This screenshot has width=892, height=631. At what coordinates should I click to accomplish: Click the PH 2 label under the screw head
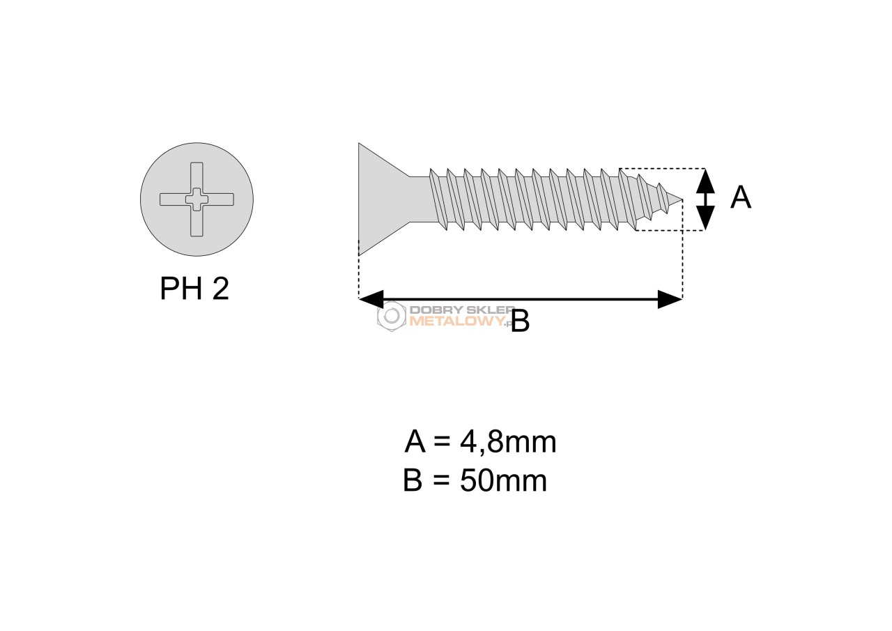[x=194, y=289]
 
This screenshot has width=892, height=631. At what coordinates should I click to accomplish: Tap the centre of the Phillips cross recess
[x=197, y=199]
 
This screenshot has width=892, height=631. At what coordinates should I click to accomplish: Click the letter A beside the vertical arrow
[x=741, y=197]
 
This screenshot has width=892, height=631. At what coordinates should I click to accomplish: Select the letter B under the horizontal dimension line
[x=520, y=321]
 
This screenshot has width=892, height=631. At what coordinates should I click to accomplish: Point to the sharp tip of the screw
[x=682, y=199]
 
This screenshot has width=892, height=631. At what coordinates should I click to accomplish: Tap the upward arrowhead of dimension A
[x=705, y=181]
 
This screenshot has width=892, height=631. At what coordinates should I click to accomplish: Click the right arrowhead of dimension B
[x=670, y=299]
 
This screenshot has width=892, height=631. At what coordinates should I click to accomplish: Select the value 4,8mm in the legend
[x=508, y=442]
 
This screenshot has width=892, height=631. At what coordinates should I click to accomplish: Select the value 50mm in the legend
[x=503, y=481]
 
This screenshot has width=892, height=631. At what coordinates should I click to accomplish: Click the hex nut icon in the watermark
[x=392, y=316]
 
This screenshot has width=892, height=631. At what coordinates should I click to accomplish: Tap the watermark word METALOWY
[x=458, y=321]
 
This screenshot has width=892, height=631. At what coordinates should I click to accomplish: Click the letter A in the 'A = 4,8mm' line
[x=415, y=441]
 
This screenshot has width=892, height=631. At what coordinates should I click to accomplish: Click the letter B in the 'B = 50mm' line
[x=413, y=480]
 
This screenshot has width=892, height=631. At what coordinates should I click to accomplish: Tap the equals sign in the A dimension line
[x=442, y=442]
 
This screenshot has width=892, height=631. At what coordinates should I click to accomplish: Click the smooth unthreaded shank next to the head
[x=420, y=199]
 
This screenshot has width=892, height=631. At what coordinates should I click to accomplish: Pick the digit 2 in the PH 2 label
[x=221, y=289]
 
